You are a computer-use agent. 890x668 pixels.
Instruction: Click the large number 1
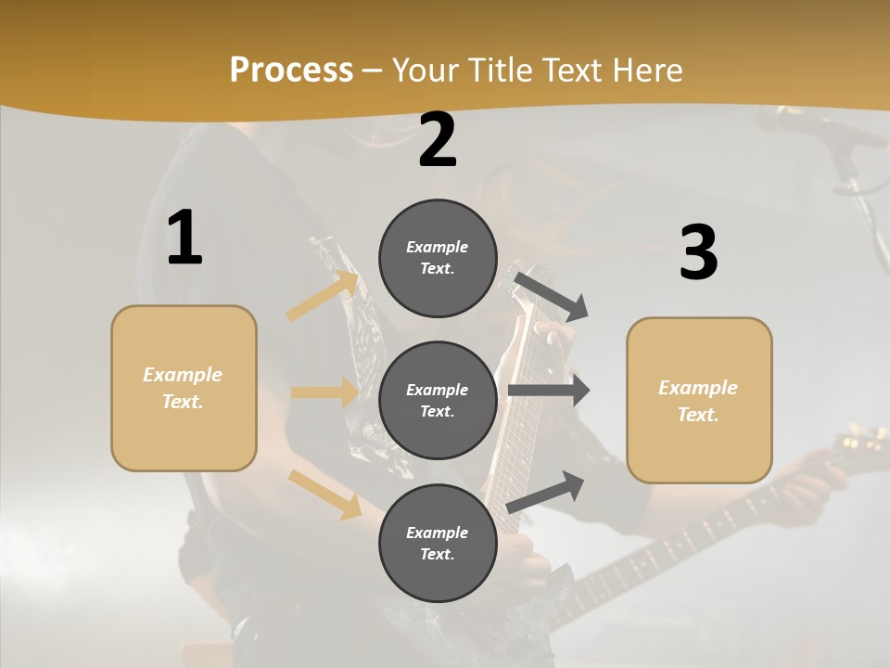click(x=184, y=238)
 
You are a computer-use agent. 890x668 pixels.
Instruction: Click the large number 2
click(x=438, y=140)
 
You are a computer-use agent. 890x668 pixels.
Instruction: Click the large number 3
click(x=698, y=253)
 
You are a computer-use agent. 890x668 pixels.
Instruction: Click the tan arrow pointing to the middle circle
click(x=324, y=392)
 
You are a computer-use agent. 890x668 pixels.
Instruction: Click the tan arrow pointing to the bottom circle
click(x=325, y=494)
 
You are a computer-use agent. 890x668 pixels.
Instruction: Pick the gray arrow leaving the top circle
click(x=551, y=295)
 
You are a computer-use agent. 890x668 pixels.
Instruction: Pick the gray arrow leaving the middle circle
click(x=549, y=391)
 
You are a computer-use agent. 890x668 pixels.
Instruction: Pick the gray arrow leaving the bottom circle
click(x=546, y=492)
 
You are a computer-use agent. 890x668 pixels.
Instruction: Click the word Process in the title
click(x=291, y=70)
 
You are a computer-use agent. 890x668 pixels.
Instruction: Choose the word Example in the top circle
click(x=437, y=247)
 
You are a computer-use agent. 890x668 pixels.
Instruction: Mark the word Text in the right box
click(x=697, y=415)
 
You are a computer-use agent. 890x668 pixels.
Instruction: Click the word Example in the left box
click(x=183, y=374)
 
